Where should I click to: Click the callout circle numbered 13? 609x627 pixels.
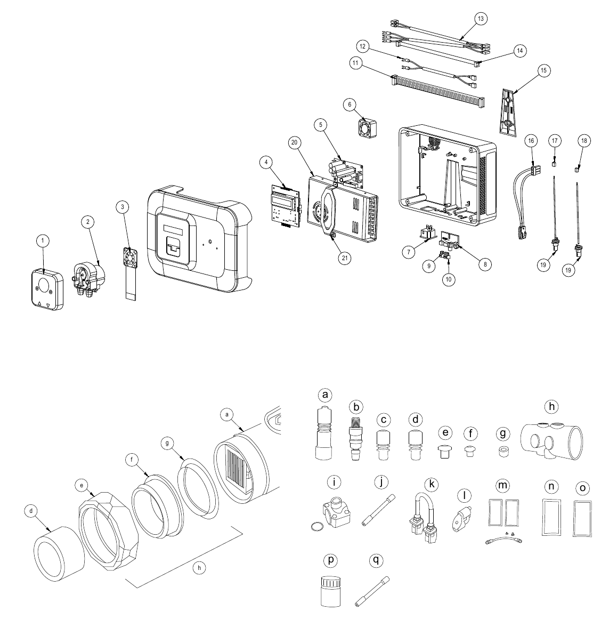[x=481, y=19]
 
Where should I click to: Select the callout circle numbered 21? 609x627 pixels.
[x=344, y=258]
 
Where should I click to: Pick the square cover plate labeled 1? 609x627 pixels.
[x=47, y=289]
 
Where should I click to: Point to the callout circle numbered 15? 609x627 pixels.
[x=543, y=71]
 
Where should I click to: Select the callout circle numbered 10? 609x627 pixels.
[x=449, y=279]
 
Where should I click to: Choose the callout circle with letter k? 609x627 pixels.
[x=432, y=484]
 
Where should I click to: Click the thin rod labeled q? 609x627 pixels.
[x=372, y=591]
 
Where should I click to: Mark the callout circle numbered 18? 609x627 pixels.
[x=584, y=141]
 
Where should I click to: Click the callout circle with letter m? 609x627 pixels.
[x=502, y=486]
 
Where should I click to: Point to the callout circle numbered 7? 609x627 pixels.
[x=408, y=252]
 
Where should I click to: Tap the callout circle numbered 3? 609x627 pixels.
[x=123, y=207]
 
